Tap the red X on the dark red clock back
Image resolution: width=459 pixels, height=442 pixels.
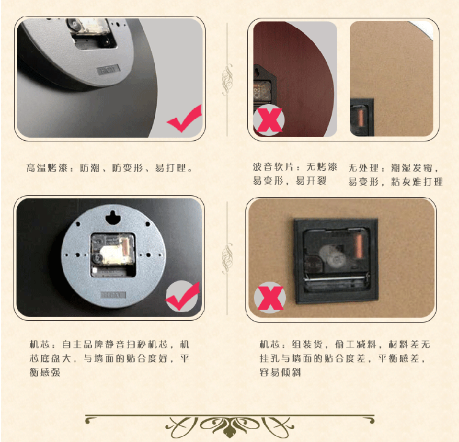270,120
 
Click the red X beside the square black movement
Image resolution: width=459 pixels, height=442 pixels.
271,298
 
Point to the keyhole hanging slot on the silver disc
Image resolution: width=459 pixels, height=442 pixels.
113,217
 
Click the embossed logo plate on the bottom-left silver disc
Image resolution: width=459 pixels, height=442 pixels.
113,294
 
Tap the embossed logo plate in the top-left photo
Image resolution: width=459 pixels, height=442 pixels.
108,70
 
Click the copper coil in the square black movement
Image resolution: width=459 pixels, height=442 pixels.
359,246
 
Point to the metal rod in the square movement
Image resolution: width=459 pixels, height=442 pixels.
335,279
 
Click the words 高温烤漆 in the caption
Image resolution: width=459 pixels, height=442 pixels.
47,168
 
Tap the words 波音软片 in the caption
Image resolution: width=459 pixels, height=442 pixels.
274,167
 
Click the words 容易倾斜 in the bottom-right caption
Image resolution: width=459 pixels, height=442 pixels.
280,372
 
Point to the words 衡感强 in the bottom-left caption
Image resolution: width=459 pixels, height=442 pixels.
45,372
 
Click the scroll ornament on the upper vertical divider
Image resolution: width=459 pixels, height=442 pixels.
227,80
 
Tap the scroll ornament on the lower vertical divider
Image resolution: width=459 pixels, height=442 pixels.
227,258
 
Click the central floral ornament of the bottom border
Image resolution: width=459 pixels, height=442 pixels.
229,426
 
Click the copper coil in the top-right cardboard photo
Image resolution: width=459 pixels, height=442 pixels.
361,117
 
